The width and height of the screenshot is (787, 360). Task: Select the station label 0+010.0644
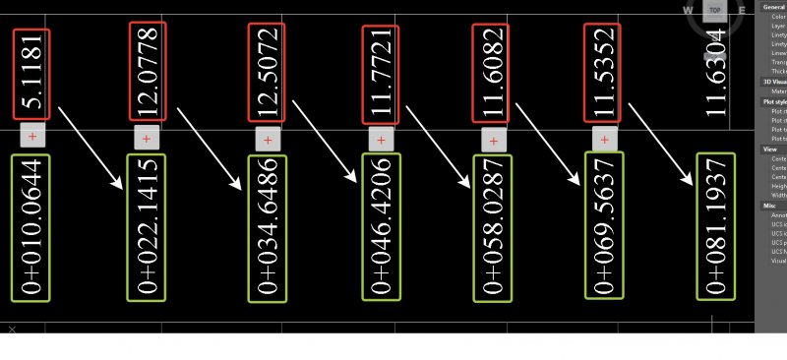(30, 226)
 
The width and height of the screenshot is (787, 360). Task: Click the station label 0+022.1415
(148, 227)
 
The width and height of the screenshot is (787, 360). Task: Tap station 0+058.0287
(492, 227)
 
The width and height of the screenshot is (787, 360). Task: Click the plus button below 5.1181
(33, 135)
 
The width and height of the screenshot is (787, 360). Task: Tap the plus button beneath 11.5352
(604, 138)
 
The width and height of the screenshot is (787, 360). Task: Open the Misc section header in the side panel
(769, 206)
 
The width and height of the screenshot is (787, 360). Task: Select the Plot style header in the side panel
(773, 101)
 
